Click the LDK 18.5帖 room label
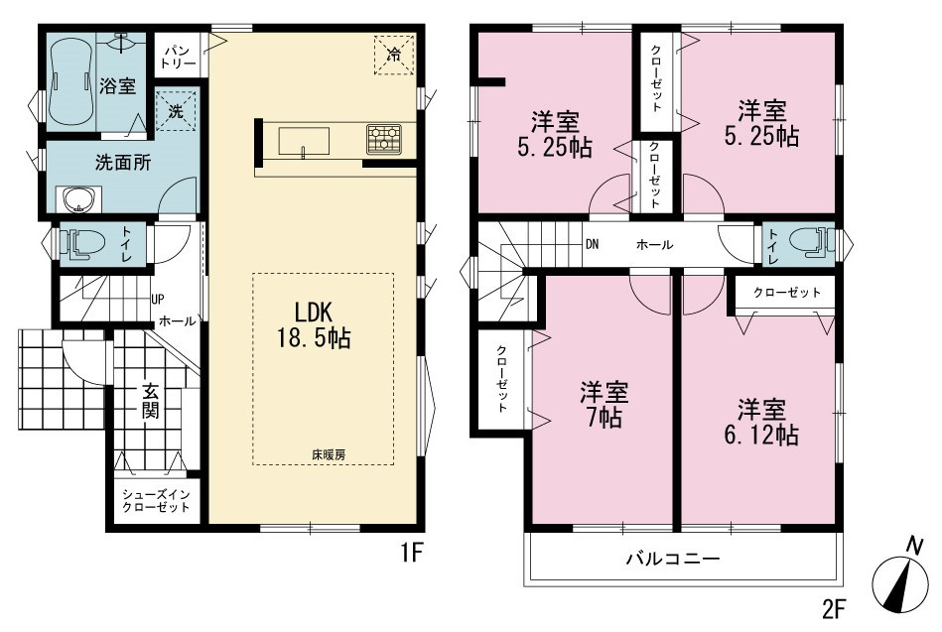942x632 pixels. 314,325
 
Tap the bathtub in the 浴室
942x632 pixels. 71,80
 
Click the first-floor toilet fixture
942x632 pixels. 82,244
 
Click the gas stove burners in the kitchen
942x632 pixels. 384,139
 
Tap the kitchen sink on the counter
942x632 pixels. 304,142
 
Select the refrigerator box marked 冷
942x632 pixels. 394,55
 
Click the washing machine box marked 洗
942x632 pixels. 176,110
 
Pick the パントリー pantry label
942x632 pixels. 179,56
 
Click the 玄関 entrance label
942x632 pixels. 150,400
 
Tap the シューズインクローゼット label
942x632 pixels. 156,501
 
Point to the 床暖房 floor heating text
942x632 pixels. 329,455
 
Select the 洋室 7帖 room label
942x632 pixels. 604,405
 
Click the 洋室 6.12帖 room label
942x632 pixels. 761,422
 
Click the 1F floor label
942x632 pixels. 413,553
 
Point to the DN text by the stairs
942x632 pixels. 592,244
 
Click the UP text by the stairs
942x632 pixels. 158,299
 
